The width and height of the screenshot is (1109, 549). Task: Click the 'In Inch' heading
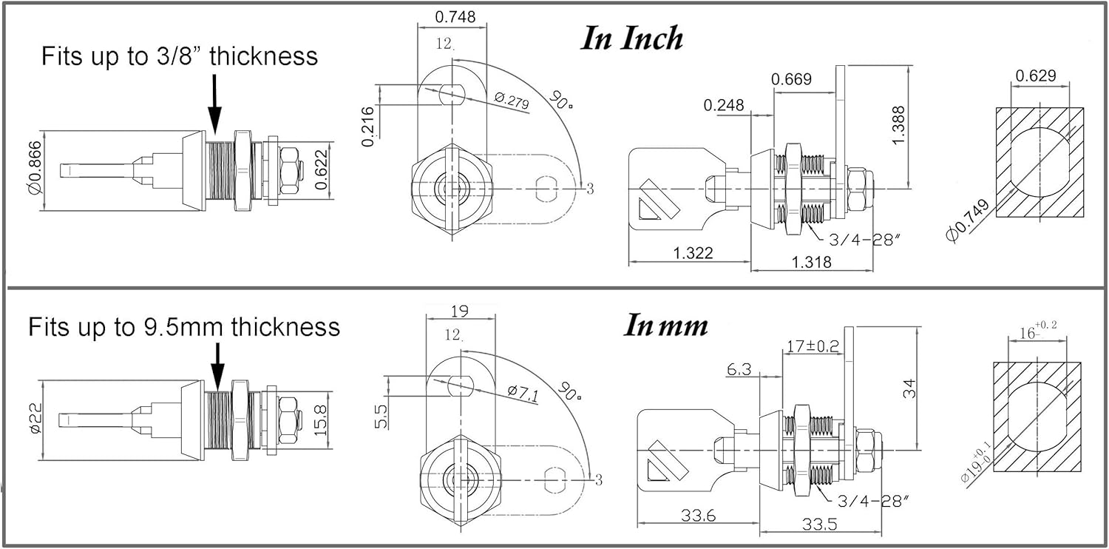[x=631, y=38]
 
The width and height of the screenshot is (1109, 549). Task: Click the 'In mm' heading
[x=665, y=326]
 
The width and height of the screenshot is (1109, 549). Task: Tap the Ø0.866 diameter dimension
[x=35, y=167]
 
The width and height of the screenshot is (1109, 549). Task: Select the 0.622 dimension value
[x=321, y=169]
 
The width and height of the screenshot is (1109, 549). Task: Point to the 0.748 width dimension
[x=455, y=17]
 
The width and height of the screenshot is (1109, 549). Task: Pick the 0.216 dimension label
[x=368, y=127]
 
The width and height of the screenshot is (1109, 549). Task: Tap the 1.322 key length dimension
[x=693, y=253]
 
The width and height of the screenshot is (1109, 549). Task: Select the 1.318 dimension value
[x=812, y=262]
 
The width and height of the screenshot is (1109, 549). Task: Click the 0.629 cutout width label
[x=1036, y=75]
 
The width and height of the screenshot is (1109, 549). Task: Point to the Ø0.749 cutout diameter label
[x=967, y=220]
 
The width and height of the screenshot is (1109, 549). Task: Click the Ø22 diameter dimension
[x=35, y=418]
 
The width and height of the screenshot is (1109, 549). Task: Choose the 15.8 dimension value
[x=321, y=420]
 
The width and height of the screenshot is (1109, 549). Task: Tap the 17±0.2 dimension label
[x=813, y=346]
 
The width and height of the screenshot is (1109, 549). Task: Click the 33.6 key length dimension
[x=698, y=516]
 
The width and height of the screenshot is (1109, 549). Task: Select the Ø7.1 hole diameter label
[x=523, y=393]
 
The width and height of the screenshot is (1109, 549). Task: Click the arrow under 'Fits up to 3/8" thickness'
[x=214, y=104]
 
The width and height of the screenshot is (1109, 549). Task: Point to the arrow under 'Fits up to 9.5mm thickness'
[x=217, y=367]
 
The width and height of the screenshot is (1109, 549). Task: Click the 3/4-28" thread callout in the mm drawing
[x=874, y=502]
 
